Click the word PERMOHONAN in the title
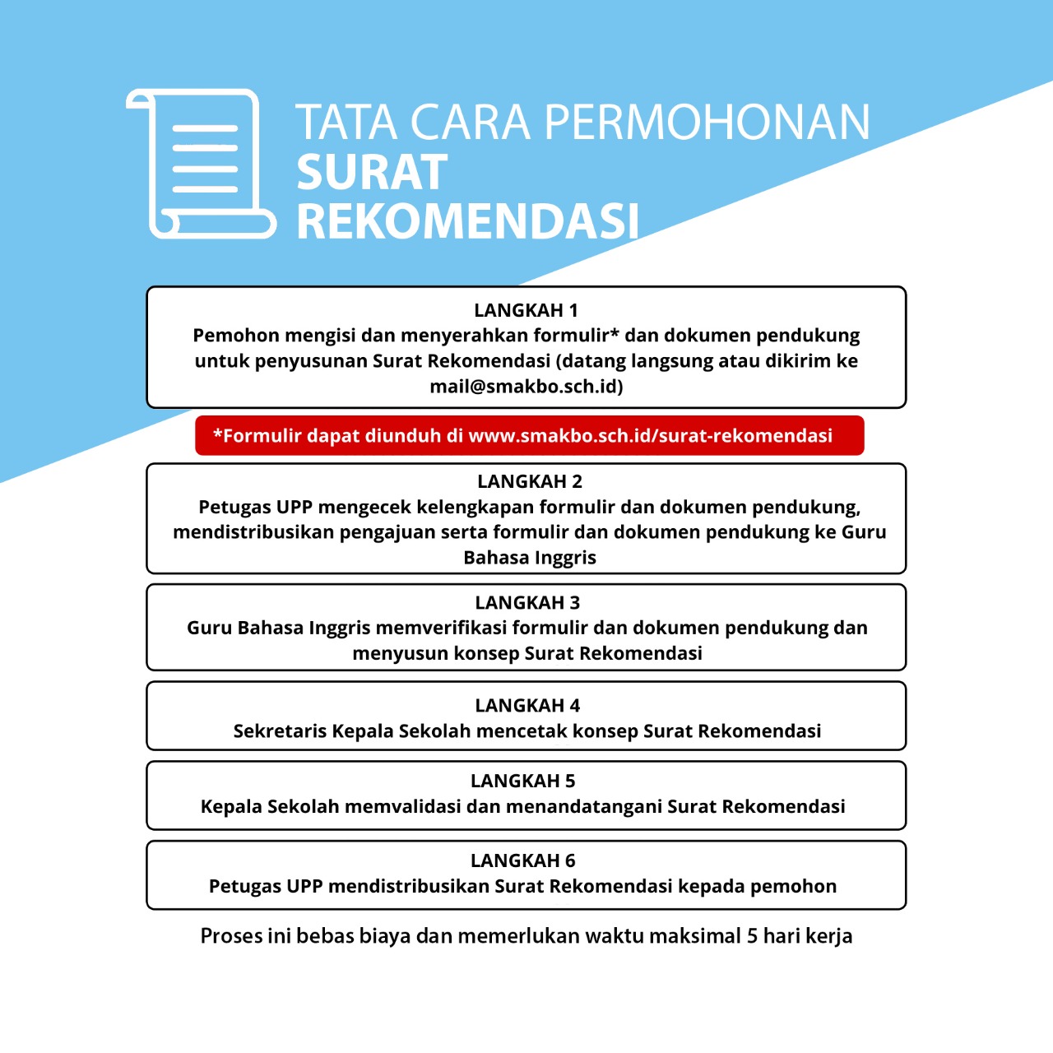point(707,123)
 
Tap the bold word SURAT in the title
point(372,173)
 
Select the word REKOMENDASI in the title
point(467,222)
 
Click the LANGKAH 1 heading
point(526,310)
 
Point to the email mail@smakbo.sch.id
point(526,387)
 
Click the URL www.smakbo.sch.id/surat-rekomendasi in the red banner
point(650,436)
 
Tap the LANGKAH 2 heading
point(529,481)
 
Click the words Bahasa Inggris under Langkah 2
point(529,558)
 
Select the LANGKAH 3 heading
point(527,603)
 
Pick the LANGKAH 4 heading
point(527,706)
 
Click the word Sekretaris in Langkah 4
point(280,731)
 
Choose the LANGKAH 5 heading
point(522,781)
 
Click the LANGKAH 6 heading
point(522,860)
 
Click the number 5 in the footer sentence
point(752,936)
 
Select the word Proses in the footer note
point(231,936)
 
